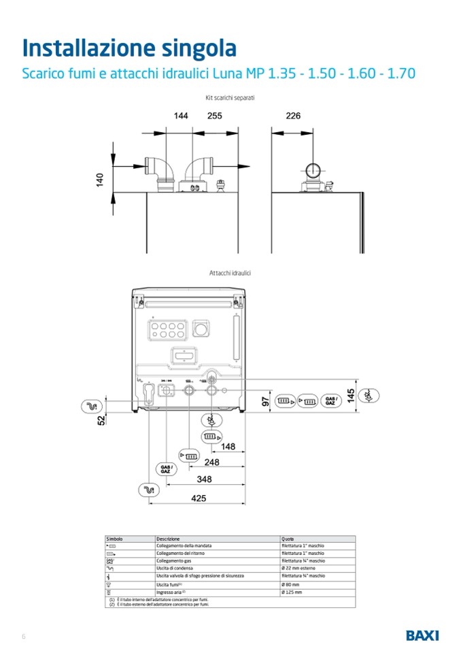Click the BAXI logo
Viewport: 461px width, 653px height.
pyautogui.click(x=422, y=635)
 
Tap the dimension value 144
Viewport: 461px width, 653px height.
pyautogui.click(x=181, y=116)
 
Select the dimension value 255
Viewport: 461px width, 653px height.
pyautogui.click(x=214, y=116)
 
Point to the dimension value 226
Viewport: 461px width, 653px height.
pyautogui.click(x=292, y=116)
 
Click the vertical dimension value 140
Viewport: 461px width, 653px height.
pyautogui.click(x=100, y=180)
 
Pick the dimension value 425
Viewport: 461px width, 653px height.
pyautogui.click(x=198, y=498)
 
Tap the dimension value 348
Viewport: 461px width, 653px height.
pyautogui.click(x=204, y=479)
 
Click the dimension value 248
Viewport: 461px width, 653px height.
pyautogui.click(x=212, y=462)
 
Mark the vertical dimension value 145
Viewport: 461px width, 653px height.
pyautogui.click(x=350, y=395)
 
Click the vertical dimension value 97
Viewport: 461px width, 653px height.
pyautogui.click(x=267, y=402)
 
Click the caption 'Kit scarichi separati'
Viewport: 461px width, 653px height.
pyautogui.click(x=230, y=99)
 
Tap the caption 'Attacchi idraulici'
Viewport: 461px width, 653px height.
pyautogui.click(x=230, y=272)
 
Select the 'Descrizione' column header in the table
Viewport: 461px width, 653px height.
pyautogui.click(x=168, y=539)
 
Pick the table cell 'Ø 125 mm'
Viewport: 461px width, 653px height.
pyautogui.click(x=291, y=592)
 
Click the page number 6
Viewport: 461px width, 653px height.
pyautogui.click(x=24, y=637)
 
